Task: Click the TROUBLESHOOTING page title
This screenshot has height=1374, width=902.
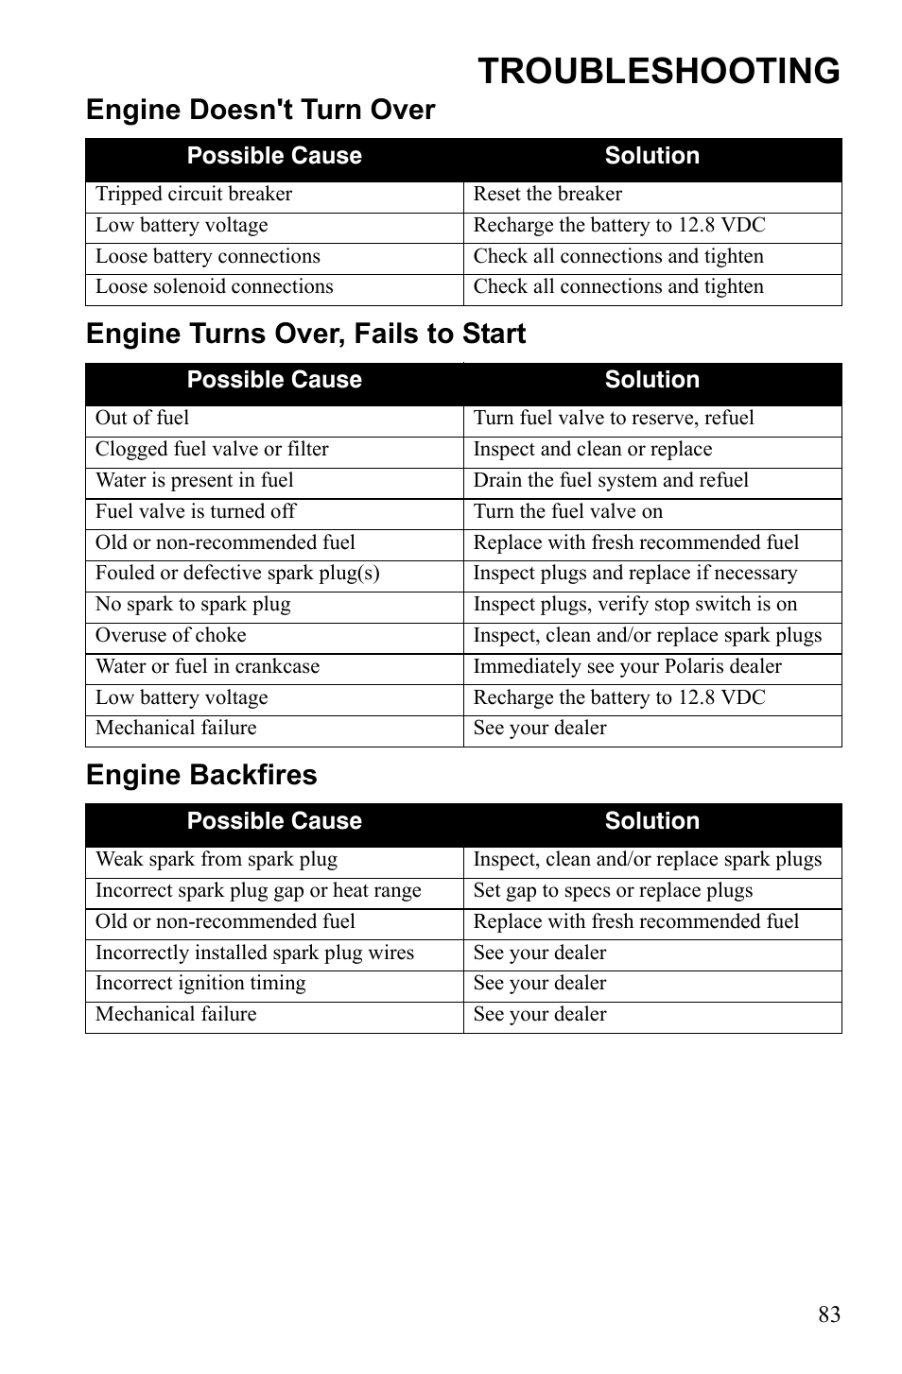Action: (658, 72)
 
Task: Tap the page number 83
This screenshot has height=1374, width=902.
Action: (828, 1314)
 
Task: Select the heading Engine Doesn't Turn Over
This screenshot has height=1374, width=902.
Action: (260, 111)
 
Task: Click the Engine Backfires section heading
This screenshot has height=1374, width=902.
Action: (201, 775)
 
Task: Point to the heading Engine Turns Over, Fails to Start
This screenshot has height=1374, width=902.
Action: (305, 334)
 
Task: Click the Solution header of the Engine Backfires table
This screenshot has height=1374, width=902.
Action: (651, 821)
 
